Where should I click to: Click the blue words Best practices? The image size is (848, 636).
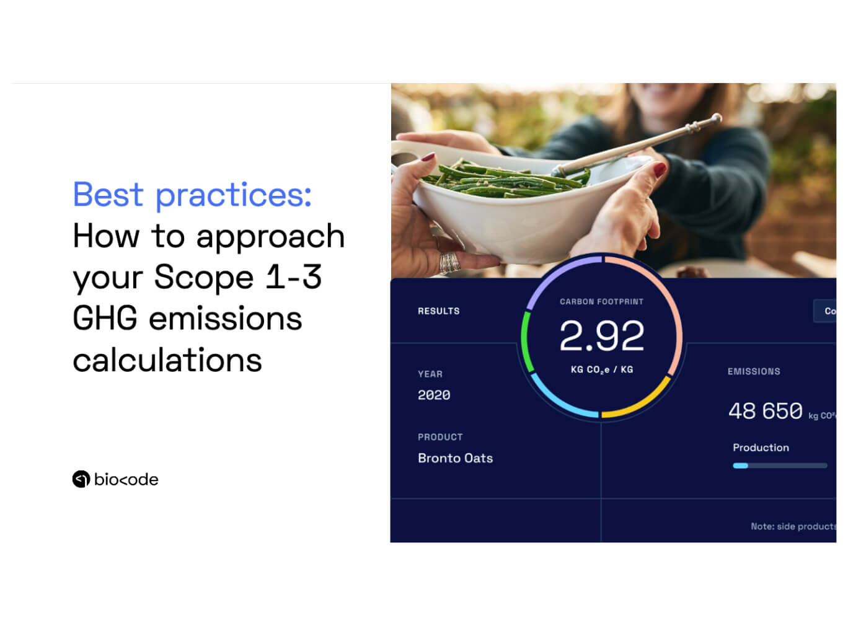[192, 195]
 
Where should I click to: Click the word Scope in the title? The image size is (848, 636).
[203, 277]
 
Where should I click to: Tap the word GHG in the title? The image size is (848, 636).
[105, 319]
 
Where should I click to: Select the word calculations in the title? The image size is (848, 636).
[167, 360]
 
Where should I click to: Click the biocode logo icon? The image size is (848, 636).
[81, 479]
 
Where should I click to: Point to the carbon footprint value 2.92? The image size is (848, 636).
[601, 336]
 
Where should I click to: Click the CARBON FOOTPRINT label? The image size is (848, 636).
[601, 302]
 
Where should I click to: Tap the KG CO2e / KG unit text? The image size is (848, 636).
[601, 369]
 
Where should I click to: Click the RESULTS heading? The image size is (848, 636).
[438, 311]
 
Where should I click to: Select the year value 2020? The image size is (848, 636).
[434, 395]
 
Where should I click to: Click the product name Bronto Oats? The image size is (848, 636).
[455, 458]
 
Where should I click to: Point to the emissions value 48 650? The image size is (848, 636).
[765, 411]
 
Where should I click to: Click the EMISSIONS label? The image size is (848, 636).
[753, 371]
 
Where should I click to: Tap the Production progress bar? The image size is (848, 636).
[779, 466]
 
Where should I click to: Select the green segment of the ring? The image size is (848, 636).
[526, 341]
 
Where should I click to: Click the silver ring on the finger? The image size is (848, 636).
[449, 262]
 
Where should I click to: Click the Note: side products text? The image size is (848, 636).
[792, 526]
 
